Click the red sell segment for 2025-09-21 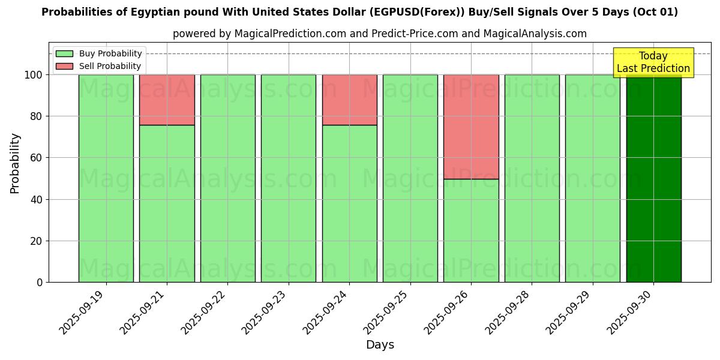167,100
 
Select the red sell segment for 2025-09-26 471,127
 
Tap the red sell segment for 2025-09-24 349,100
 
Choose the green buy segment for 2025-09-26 471,230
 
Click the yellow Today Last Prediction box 653,62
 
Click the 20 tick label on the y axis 37,241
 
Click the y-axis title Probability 15,163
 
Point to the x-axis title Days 380,345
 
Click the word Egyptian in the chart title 126,13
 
